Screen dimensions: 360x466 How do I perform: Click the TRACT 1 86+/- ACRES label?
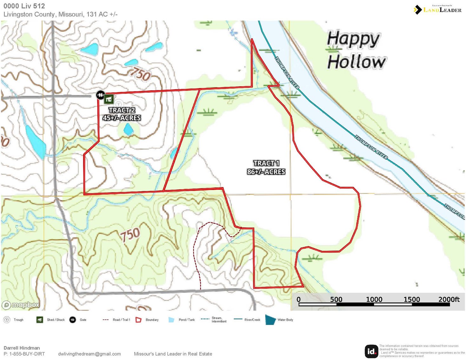(x=266, y=167)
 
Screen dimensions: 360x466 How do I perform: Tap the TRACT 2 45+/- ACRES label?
(x=122, y=114)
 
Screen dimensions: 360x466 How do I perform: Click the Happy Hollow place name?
(x=356, y=50)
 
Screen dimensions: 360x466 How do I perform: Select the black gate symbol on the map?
(x=100, y=95)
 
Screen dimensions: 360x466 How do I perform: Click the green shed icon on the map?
(x=109, y=99)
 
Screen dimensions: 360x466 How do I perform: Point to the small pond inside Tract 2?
(x=128, y=129)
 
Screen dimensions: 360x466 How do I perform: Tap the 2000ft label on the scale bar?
(x=449, y=299)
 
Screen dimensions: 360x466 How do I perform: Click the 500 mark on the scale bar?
(x=336, y=299)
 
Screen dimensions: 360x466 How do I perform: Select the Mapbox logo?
(x=21, y=305)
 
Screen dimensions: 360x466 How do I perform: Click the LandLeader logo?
(x=438, y=10)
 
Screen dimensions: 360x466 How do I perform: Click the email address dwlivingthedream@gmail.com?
(x=89, y=354)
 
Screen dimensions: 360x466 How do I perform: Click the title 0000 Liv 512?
(x=24, y=6)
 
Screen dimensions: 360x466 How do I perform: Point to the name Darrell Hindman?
(x=22, y=348)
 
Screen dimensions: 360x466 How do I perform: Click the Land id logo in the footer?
(x=371, y=351)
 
